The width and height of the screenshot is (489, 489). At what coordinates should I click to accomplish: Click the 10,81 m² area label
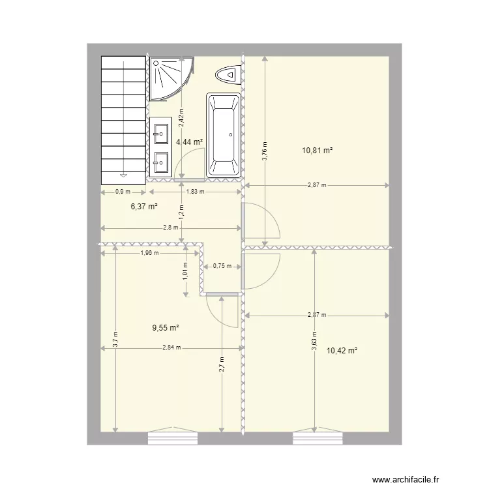(318, 151)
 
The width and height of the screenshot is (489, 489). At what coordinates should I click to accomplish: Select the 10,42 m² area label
(343, 350)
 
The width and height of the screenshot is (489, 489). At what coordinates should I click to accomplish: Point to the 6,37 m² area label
(145, 206)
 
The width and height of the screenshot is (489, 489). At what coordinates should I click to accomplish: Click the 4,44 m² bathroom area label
(189, 142)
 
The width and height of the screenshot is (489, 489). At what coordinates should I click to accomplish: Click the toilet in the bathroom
(228, 75)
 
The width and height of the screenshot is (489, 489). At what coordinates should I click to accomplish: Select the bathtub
(224, 135)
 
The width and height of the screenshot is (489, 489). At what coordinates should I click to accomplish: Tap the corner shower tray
(168, 78)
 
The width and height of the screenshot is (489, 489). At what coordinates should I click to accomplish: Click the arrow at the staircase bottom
(123, 174)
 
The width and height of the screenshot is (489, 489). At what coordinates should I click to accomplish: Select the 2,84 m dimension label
(173, 348)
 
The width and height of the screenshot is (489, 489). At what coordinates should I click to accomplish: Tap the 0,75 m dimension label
(222, 266)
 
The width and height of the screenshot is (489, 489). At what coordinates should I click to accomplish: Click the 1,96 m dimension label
(149, 253)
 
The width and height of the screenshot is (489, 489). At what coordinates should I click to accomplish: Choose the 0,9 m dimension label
(123, 192)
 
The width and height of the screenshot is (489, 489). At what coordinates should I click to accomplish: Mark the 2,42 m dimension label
(182, 115)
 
